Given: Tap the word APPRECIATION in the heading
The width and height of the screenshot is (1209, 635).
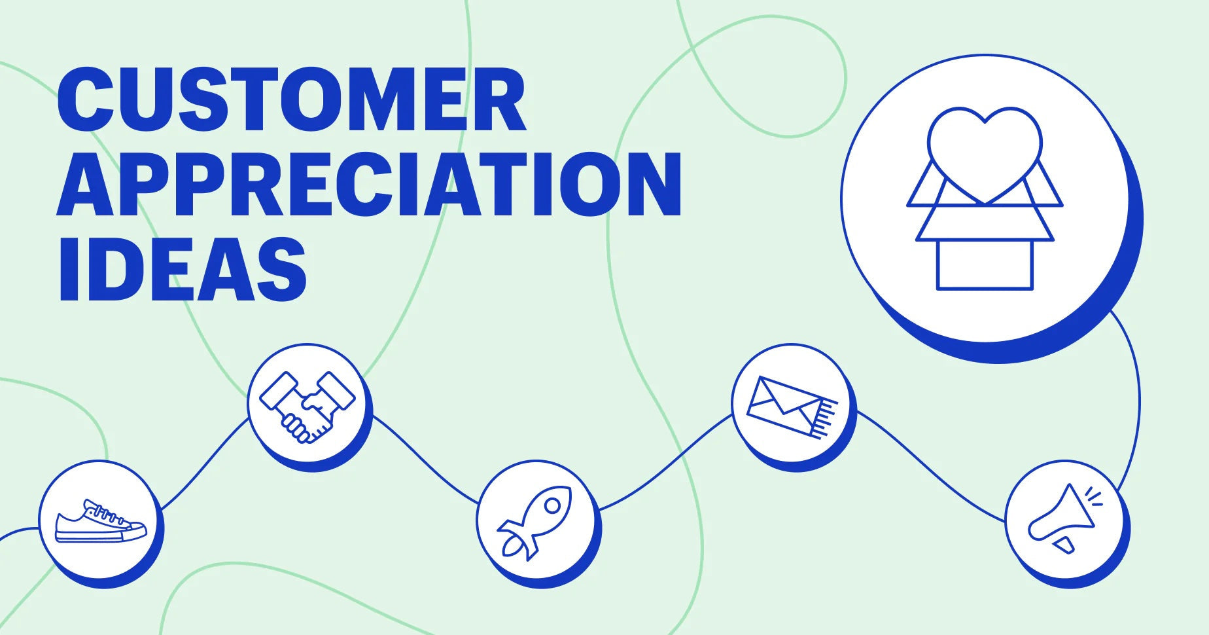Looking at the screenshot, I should pyautogui.click(x=370, y=185).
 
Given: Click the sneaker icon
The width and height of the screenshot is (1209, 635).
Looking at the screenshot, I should pyautogui.click(x=100, y=522).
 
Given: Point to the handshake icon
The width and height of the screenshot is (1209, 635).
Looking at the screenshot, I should pyautogui.click(x=307, y=406).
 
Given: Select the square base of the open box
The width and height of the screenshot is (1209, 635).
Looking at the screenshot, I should pyautogui.click(x=985, y=265).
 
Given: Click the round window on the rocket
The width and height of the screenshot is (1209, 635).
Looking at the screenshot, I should pyautogui.click(x=552, y=505).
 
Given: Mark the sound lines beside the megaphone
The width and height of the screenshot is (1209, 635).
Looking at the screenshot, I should pyautogui.click(x=1093, y=496).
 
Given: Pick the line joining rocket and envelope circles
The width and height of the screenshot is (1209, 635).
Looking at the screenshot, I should pyautogui.click(x=667, y=462).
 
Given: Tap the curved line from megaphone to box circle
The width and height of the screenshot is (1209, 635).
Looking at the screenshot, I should pyautogui.click(x=1137, y=399).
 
